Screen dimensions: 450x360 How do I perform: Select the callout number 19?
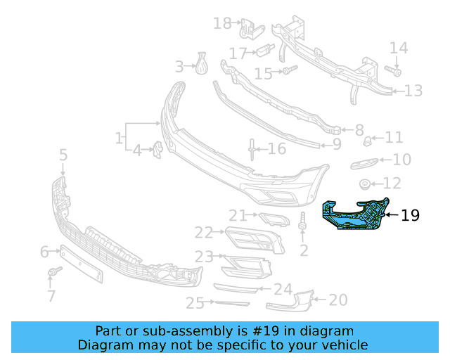click(410, 215)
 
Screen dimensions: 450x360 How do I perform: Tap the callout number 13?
click(413, 91)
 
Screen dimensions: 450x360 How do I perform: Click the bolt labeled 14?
click(393, 71)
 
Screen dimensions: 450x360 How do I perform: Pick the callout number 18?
click(222, 24)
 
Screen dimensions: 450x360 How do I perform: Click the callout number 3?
click(179, 67)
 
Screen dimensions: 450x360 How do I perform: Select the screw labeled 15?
click(289, 70)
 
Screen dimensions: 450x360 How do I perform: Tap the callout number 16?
click(277, 149)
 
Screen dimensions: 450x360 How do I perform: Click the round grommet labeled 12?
click(366, 185)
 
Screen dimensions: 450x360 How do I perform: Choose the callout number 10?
click(401, 160)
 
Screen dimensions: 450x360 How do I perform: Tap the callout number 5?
click(63, 154)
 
